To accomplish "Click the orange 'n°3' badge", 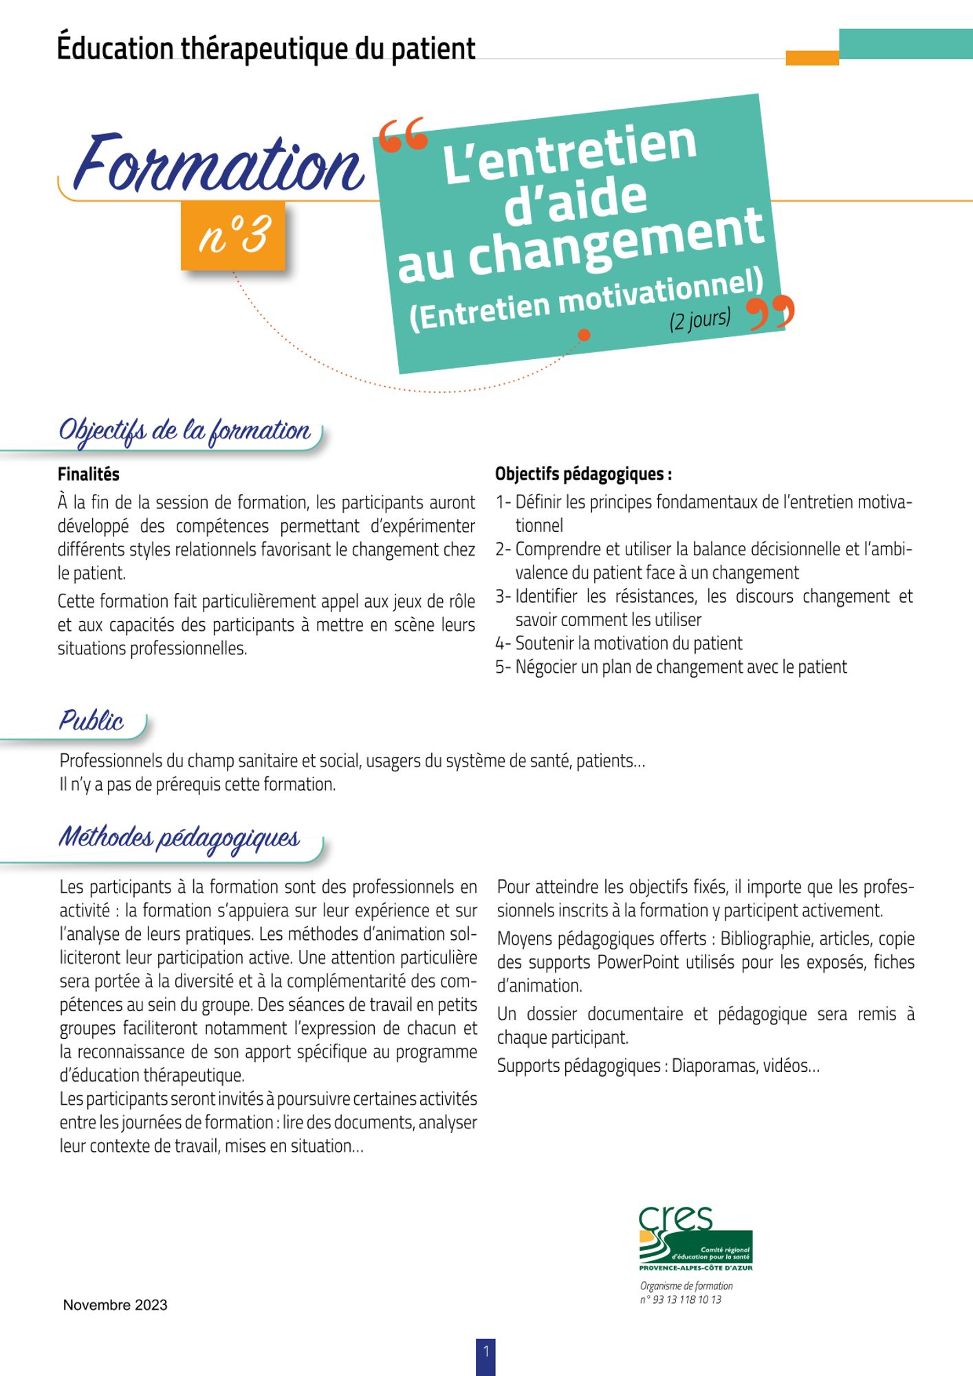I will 233,235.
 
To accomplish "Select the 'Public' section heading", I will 91,720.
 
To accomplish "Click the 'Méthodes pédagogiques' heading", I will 179,837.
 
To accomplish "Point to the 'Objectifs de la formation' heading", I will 184,431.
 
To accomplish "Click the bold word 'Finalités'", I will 89,474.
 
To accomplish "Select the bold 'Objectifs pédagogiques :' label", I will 583,474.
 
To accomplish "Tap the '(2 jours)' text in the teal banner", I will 700,319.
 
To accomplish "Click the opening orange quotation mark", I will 402,136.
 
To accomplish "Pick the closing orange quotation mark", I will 771,313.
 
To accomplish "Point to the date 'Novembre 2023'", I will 115,1305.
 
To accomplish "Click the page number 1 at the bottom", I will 485,1352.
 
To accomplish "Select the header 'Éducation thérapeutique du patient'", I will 266,48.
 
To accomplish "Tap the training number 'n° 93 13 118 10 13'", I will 680,1300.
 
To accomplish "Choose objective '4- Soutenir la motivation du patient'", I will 619,643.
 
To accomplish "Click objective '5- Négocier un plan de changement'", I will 671,667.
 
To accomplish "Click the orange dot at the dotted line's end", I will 584,335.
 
